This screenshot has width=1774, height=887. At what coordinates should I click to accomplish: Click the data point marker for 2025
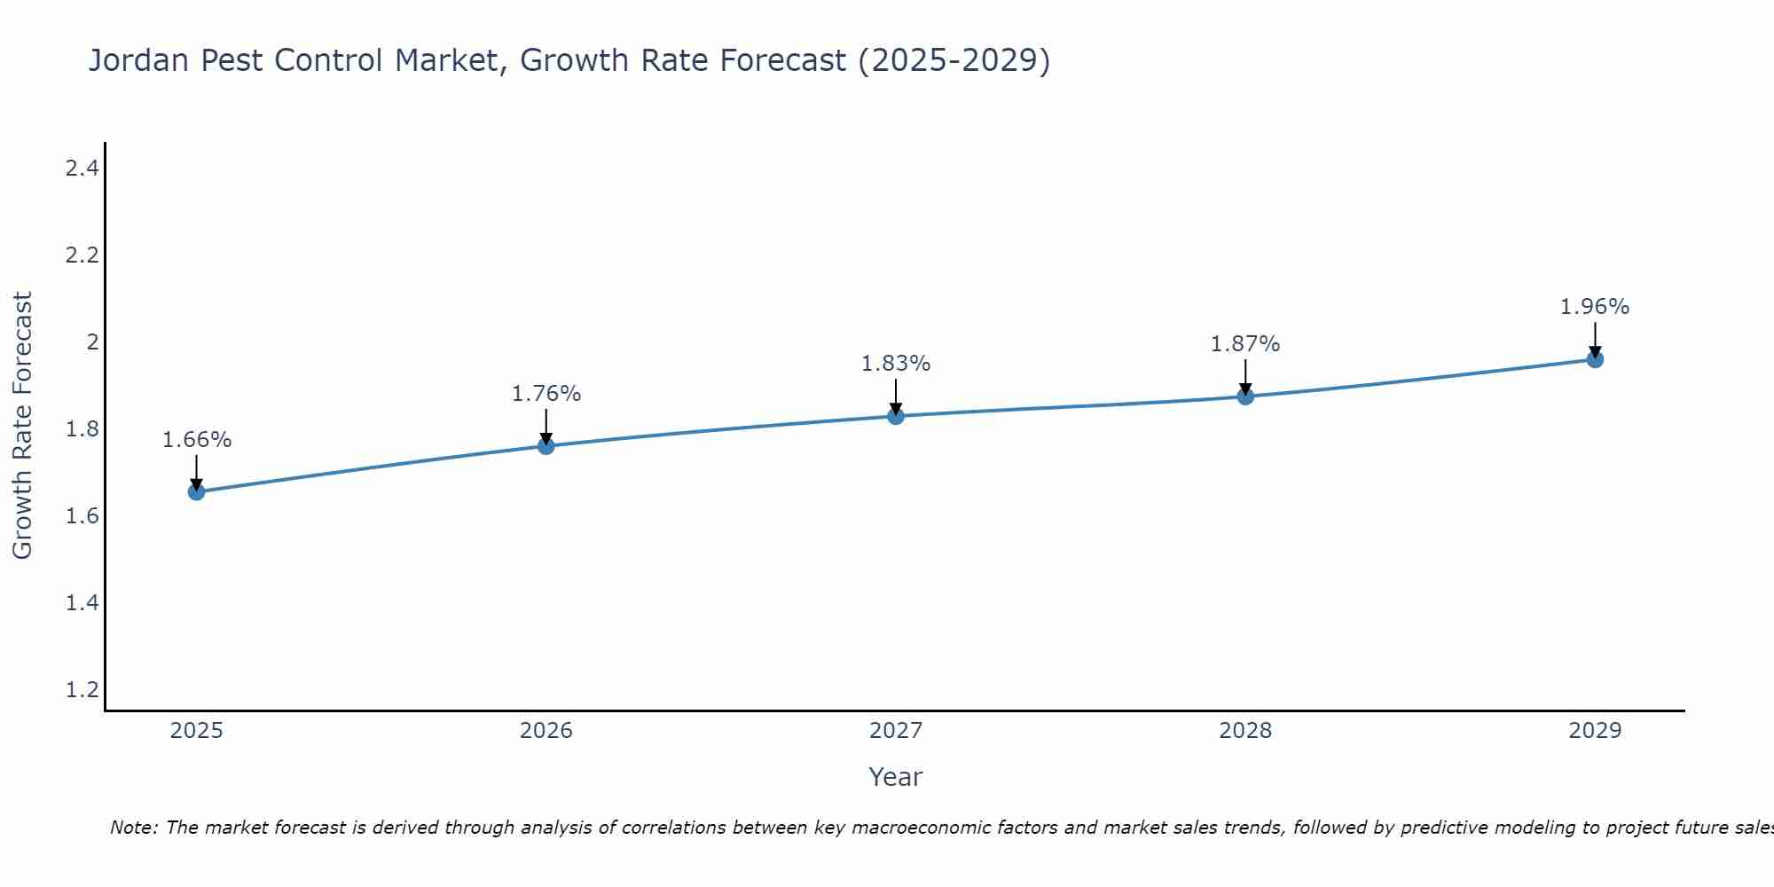[x=197, y=491]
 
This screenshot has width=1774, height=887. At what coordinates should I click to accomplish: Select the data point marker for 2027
[x=896, y=416]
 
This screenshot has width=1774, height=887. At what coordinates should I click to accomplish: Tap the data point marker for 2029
[x=1595, y=359]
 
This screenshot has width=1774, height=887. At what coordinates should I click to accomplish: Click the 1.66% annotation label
[x=197, y=440]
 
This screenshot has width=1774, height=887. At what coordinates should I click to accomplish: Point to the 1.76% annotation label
[x=546, y=394]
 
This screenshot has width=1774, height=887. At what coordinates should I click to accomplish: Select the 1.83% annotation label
[x=896, y=364]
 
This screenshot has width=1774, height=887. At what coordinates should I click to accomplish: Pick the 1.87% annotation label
[x=1245, y=344]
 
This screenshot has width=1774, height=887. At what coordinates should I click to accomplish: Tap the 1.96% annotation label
[x=1595, y=307]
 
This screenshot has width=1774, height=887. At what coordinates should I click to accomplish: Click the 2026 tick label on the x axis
[x=546, y=731]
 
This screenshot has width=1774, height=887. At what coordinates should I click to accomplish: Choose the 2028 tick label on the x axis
[x=1245, y=731]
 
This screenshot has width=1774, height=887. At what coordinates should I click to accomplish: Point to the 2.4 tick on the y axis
[x=82, y=168]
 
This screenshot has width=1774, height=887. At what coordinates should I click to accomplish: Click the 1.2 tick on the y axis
[x=82, y=689]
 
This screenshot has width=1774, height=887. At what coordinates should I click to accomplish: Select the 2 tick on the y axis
[x=91, y=341]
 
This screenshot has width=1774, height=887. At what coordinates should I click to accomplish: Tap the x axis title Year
[x=896, y=777]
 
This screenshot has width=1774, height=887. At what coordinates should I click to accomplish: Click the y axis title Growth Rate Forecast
[x=23, y=426]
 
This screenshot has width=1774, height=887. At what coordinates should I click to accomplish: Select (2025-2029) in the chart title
[x=954, y=60]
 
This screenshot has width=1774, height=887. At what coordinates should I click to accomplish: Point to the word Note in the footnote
[x=133, y=828]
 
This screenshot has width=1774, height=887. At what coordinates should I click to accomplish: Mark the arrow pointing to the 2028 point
[x=1245, y=376]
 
